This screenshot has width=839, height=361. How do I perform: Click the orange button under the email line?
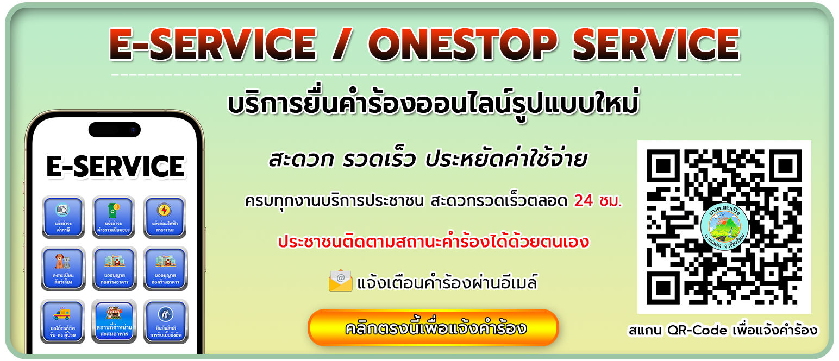(433, 328)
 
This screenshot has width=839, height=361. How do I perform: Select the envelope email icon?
(341, 281)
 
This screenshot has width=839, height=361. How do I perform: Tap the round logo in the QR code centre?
(725, 226)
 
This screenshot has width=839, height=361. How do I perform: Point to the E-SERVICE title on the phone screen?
(115, 167)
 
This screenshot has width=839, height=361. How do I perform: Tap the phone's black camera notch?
(115, 130)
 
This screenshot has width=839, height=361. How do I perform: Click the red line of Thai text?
(433, 242)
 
